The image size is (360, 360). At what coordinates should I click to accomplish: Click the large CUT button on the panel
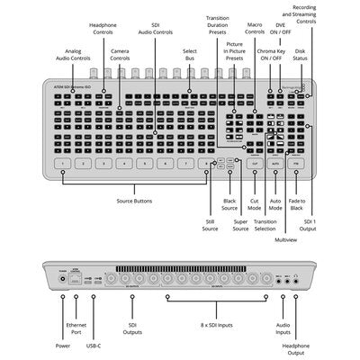(x=255, y=164)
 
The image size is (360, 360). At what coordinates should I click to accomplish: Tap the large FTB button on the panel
(x=298, y=164)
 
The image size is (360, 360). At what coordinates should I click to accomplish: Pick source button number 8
(x=206, y=164)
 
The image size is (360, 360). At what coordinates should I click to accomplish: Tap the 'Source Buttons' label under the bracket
(x=135, y=201)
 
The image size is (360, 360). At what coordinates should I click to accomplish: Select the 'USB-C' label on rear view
(x=94, y=343)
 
